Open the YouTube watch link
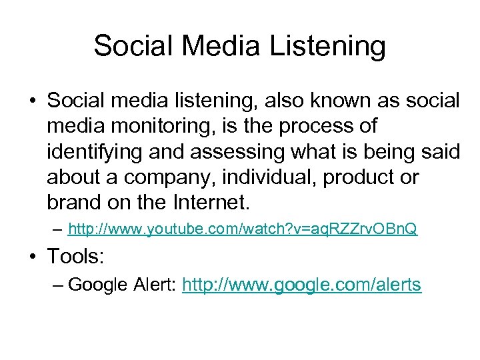(243, 230)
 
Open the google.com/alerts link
(301, 285)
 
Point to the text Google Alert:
(122, 285)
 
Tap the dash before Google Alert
(58, 285)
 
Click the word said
(441, 151)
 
